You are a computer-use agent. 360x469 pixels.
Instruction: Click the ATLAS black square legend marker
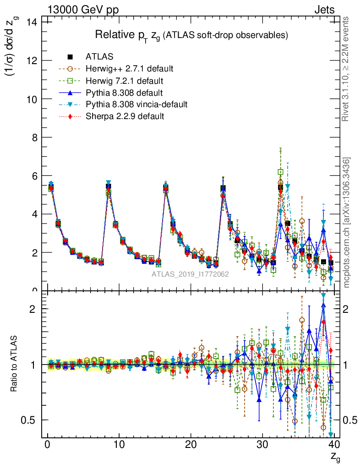point(71,57)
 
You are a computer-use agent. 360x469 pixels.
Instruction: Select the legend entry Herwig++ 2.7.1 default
point(129,69)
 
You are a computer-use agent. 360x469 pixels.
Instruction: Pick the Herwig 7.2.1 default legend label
point(125,81)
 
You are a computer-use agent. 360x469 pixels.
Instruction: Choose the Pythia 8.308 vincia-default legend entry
point(136,104)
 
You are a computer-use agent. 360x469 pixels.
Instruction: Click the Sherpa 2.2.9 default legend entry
point(125,116)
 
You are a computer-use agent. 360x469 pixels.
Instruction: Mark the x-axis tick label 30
point(262,446)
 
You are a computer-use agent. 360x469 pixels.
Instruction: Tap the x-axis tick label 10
point(119,446)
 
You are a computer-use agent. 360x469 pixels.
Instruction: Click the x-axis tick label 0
point(47,446)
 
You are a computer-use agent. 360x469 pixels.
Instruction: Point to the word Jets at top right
point(324,10)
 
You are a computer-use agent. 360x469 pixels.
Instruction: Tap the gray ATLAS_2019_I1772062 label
point(191,274)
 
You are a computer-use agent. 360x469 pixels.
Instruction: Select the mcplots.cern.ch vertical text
point(347,223)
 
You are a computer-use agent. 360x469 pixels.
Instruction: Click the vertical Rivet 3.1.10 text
point(347,69)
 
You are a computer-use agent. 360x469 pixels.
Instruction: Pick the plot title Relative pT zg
point(191,35)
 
